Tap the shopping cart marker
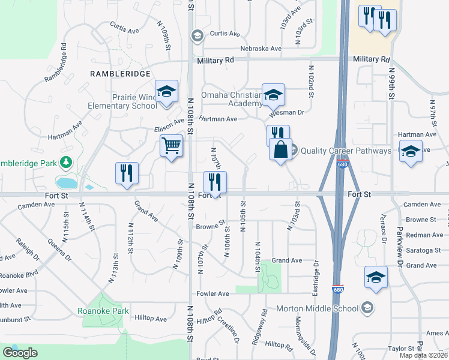pyautogui.click(x=172, y=145)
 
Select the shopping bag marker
pyautogui.click(x=281, y=149)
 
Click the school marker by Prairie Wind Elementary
pyautogui.click(x=166, y=92)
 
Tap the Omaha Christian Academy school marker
pyautogui.click(x=273, y=95)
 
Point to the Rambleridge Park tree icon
pyautogui.click(x=65, y=163)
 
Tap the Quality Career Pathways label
pyautogui.click(x=345, y=151)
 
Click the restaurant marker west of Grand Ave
pyautogui.click(x=127, y=173)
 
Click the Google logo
pyautogui.click(x=19, y=352)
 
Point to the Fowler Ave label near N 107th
pyautogui.click(x=213, y=293)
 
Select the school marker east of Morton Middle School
pyautogui.click(x=376, y=277)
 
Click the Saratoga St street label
pyautogui.click(x=424, y=250)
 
